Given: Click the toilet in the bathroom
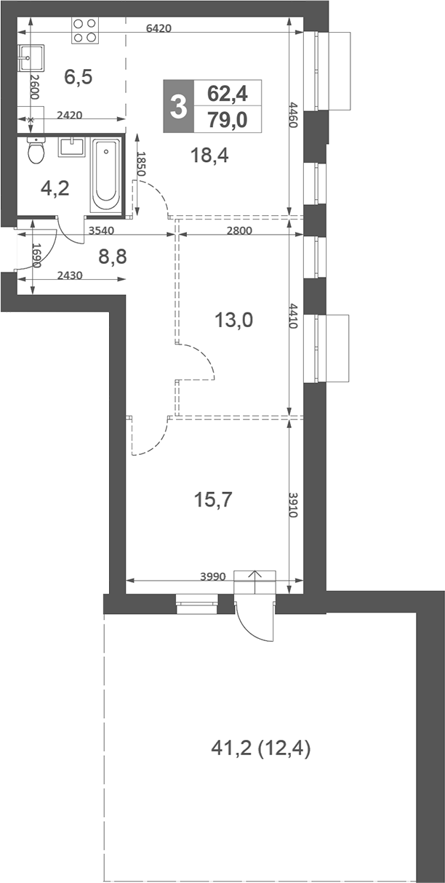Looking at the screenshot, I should click(x=36, y=151).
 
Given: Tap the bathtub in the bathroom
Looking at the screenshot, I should click(x=106, y=174).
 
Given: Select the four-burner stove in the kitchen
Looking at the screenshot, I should click(x=84, y=31).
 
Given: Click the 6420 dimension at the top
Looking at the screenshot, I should click(x=159, y=29).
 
